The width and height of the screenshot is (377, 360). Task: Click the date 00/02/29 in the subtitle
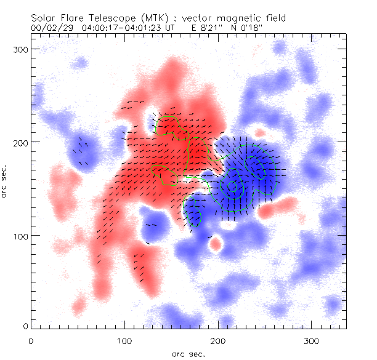(x=50, y=28)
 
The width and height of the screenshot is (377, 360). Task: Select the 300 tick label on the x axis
(x=312, y=340)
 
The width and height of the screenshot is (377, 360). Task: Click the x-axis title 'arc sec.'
(x=188, y=353)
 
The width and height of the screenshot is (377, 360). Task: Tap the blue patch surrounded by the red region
(x=152, y=225)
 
